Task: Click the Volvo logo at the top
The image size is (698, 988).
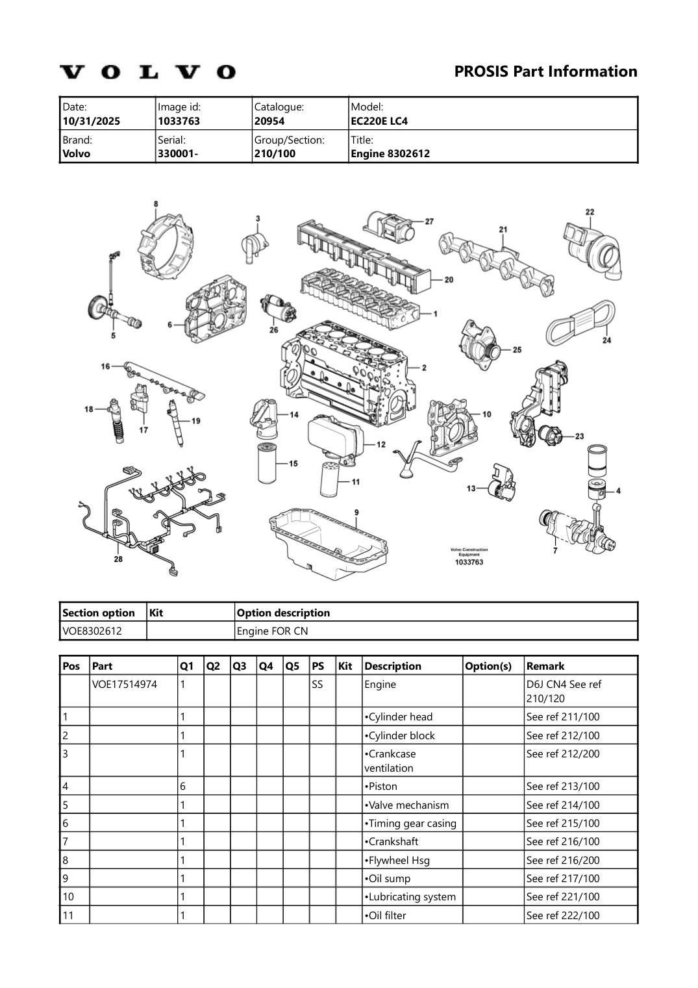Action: coord(148,71)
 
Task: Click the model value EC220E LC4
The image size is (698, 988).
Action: coord(379,121)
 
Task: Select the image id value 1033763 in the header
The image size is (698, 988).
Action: coord(179,121)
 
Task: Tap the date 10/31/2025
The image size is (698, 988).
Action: coord(91,121)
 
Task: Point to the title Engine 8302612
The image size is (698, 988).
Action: coord(390,154)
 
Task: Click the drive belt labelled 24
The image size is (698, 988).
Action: coord(579,322)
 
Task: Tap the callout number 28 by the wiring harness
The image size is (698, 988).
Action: coord(118,559)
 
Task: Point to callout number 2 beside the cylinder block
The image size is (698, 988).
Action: coord(424,368)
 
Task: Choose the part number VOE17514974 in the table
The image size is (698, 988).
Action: coord(124,684)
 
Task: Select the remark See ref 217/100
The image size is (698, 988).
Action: coord(563,878)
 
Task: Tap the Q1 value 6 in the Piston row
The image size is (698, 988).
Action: coord(183,786)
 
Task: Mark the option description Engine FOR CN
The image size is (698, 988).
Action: coord(273,631)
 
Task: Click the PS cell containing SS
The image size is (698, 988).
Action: coord(318,684)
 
